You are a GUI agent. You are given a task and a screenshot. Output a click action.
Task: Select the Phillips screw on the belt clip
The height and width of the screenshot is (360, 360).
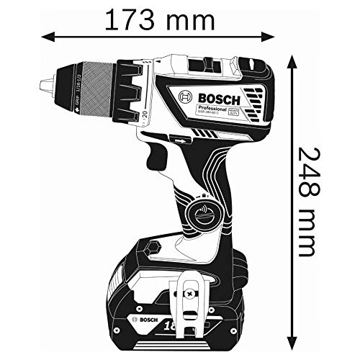point(189,294)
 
